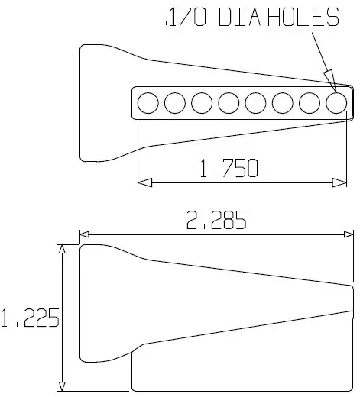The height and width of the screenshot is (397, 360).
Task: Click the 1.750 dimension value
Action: (229, 168)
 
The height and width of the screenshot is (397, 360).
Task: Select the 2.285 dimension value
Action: (216, 220)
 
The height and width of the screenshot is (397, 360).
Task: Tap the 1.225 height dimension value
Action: (30, 318)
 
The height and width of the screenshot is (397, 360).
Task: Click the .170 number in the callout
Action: (186, 17)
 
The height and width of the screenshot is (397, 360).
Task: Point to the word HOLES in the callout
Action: (303, 17)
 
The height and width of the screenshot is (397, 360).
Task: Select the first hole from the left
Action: (148, 103)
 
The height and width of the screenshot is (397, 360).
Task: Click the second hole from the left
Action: (175, 103)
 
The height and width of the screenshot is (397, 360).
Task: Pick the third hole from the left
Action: (202, 103)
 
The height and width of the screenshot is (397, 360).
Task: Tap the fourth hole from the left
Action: (229, 103)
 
